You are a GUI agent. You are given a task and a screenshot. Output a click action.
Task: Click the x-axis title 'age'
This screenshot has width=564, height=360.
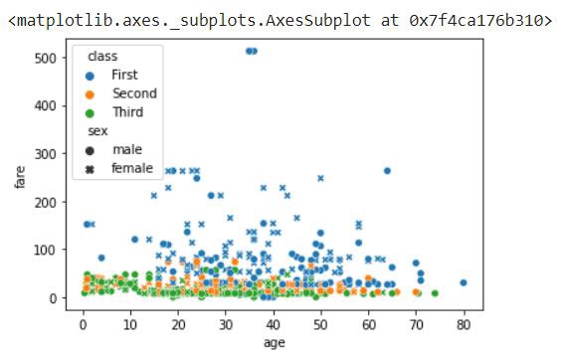274,342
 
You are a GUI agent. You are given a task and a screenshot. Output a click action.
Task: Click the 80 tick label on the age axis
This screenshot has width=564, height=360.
464,323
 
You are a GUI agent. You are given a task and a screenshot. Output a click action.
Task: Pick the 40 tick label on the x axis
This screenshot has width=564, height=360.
274,323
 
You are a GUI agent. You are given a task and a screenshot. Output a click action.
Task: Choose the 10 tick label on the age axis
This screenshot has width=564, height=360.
130,323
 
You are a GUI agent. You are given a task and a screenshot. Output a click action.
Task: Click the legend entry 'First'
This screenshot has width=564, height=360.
124,75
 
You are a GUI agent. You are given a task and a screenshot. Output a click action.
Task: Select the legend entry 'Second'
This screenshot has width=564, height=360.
133,93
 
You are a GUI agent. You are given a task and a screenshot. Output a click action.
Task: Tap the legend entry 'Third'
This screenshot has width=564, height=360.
126,112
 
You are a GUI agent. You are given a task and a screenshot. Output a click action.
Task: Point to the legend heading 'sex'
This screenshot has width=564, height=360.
97,131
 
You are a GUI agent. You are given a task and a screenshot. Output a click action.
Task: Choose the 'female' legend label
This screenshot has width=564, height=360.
131,168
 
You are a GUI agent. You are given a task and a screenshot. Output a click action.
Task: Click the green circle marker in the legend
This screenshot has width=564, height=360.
91,112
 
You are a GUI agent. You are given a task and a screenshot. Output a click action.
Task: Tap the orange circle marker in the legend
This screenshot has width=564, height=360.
91,93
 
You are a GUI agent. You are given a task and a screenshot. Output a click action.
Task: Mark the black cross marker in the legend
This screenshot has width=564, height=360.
91,168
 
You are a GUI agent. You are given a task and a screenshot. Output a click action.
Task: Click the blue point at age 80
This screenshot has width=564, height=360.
464,282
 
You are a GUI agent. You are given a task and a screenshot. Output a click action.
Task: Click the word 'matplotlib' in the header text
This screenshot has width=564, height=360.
59,19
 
